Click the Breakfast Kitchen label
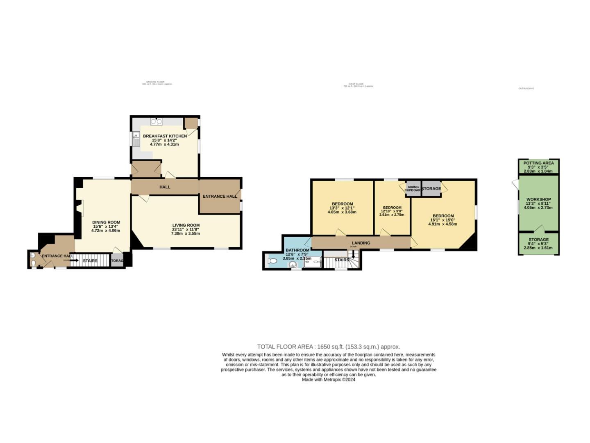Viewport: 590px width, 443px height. [165, 136]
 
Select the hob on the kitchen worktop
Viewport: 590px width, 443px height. [156, 121]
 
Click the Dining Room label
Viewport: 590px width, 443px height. [106, 222]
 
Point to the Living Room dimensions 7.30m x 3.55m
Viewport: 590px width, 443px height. [186, 233]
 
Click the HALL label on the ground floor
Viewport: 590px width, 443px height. [165, 187]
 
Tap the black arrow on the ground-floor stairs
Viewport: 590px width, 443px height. [74, 260]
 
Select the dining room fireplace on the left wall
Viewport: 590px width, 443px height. [81, 208]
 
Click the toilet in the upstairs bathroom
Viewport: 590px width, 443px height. [272, 260]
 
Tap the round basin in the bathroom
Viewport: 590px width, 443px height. [293, 265]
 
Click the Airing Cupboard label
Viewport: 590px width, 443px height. [413, 189]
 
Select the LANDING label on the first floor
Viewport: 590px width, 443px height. [361, 243]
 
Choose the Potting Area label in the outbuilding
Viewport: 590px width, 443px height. [538, 163]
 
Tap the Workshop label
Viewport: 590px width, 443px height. [538, 199]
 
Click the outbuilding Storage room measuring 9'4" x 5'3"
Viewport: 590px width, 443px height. [538, 240]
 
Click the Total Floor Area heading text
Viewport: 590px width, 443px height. [328, 347]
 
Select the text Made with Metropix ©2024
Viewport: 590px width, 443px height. [328, 380]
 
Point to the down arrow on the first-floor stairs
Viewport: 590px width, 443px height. [354, 255]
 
